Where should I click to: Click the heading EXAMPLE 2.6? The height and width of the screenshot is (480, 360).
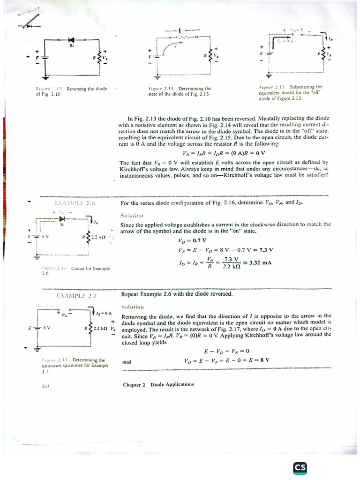(x=75, y=203)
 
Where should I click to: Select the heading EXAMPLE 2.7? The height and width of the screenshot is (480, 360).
(x=76, y=296)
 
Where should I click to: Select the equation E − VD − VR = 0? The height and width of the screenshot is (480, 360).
(x=227, y=351)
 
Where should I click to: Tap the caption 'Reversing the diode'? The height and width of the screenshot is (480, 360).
(x=87, y=89)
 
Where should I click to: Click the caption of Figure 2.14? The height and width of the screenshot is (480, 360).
(x=180, y=91)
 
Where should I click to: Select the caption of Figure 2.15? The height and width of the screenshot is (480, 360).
(x=290, y=93)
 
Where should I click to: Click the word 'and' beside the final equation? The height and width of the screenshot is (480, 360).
(x=127, y=362)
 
